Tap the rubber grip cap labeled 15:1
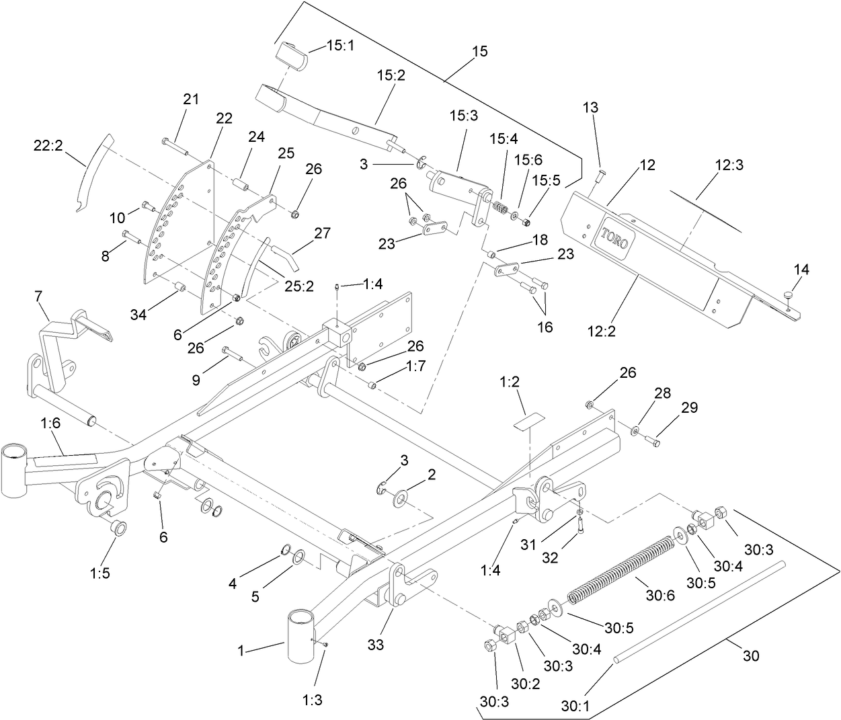point(290,55)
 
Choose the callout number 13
point(590,108)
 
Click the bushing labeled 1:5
point(116,526)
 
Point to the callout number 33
point(376,644)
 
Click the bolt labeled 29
point(653,441)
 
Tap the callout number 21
point(192,99)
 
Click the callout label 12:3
point(729,164)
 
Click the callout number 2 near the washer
point(432,474)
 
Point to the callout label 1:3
point(313,699)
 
